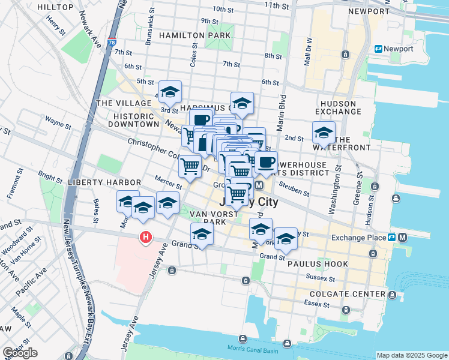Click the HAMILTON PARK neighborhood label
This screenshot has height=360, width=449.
click(195, 36)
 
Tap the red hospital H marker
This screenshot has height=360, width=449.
click(145, 238)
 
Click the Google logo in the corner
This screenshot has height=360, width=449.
click(20, 353)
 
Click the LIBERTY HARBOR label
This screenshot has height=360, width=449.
click(105, 182)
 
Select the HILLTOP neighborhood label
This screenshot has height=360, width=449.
click(55, 7)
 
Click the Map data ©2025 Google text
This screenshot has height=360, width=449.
click(412, 355)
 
